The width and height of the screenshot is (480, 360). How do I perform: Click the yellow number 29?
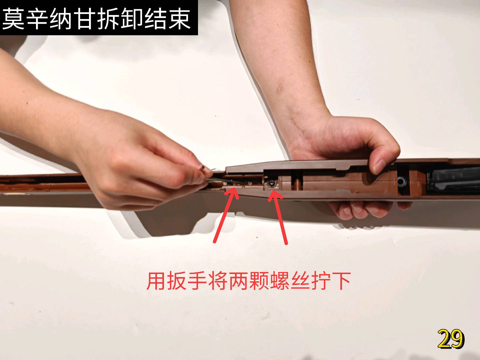click(451, 339)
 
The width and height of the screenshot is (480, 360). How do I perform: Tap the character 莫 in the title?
click(13, 19)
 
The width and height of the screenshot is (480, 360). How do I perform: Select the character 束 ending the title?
click(180, 19)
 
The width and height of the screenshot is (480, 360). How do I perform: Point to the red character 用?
click(156, 281)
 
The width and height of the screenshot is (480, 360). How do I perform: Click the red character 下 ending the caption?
click(341, 281)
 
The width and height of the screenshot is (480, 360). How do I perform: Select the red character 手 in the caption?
click(197, 281)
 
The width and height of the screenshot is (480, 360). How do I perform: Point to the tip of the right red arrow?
click(272, 192)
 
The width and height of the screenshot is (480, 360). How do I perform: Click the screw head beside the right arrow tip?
click(272, 183)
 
